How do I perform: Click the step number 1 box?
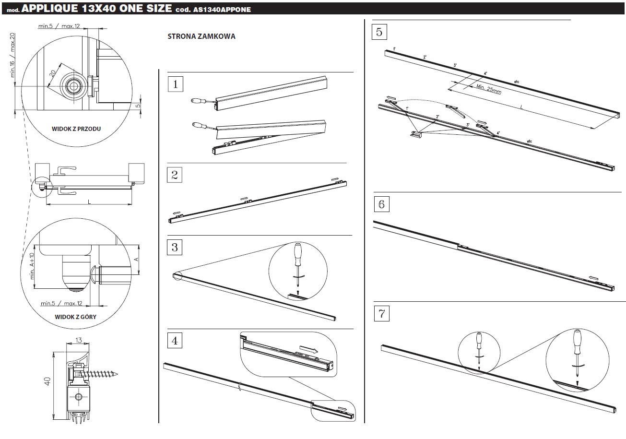tap(176, 84)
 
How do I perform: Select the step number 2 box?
tap(175, 175)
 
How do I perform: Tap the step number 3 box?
tap(175, 247)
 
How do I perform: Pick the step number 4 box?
tap(175, 341)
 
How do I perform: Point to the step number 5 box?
tap(379, 32)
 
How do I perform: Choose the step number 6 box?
tap(381, 204)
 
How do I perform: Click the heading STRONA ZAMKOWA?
tap(201, 36)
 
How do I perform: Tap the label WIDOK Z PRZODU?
tap(76, 129)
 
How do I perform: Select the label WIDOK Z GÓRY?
tap(75, 317)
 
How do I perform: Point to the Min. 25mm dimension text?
tap(489, 89)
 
